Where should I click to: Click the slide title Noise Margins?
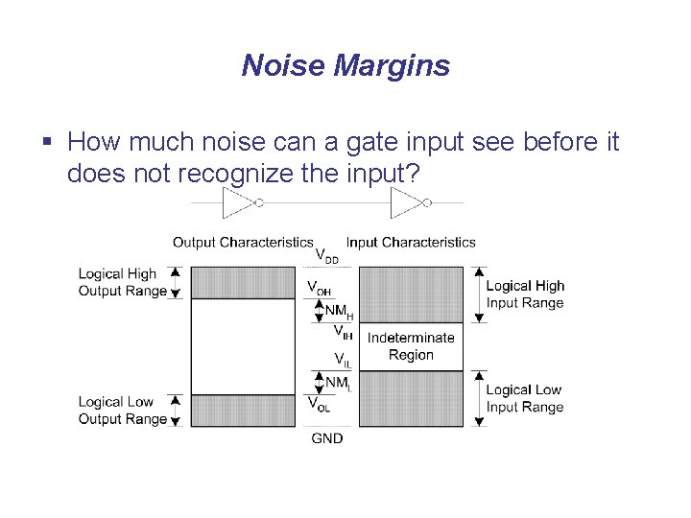pos(345,65)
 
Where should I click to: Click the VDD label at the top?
pos(326,256)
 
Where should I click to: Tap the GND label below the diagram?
pos(327,438)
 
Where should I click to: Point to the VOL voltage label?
pos(320,404)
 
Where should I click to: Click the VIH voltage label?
pos(342,332)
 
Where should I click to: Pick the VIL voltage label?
pos(342,361)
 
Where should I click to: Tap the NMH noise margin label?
pos(339,311)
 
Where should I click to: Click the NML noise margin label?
pos(338,383)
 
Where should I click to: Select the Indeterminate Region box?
pos(411,346)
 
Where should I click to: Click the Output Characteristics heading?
pos(243,242)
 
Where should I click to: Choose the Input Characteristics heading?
pos(411,242)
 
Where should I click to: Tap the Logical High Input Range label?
pos(525,294)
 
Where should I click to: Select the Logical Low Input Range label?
pos(525,398)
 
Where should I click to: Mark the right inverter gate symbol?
pos(409,203)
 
